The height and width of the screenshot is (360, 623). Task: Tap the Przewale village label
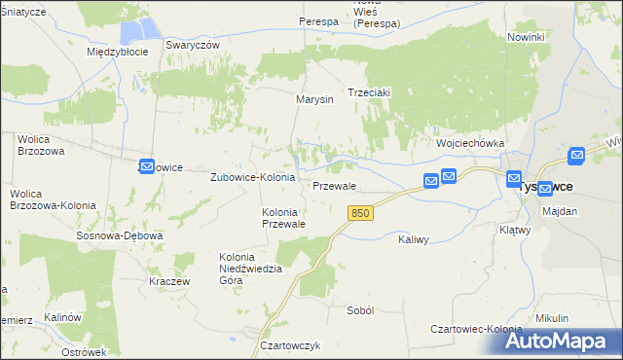pyautogui.click(x=334, y=186)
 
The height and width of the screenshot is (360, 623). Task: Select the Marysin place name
pyautogui.click(x=314, y=99)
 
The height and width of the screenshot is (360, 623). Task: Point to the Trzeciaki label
pyautogui.click(x=369, y=93)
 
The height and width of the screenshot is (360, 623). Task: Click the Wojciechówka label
pyautogui.click(x=470, y=143)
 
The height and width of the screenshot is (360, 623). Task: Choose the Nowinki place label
pyautogui.click(x=526, y=36)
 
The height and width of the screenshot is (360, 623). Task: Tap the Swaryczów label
pyautogui.click(x=193, y=45)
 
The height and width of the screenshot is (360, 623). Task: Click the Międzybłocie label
pyautogui.click(x=117, y=52)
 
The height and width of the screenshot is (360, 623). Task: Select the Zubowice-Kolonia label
pyautogui.click(x=253, y=178)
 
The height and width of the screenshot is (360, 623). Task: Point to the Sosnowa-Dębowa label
pyautogui.click(x=120, y=235)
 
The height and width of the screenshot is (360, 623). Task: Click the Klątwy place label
pyautogui.click(x=513, y=231)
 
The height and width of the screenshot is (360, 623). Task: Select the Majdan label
pyautogui.click(x=560, y=211)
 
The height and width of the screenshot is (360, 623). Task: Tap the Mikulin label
pyautogui.click(x=552, y=318)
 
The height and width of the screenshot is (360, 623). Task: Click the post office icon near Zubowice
pyautogui.click(x=147, y=166)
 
